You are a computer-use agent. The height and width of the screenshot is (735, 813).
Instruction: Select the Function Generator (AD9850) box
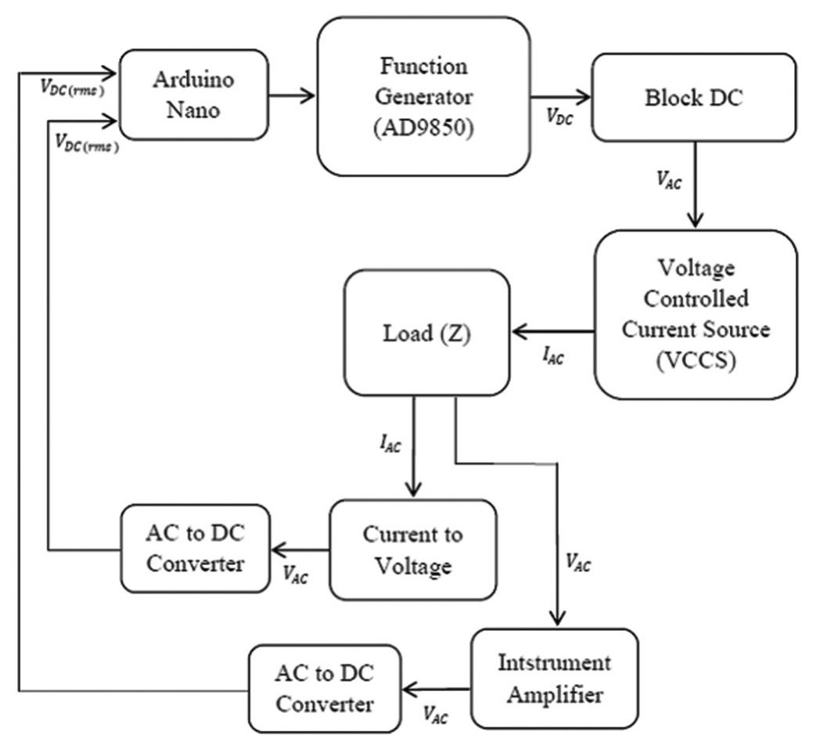point(423,95)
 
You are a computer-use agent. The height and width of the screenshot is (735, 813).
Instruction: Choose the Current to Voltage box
point(412,549)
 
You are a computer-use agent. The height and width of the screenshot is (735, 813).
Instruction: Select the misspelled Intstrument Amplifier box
point(554,678)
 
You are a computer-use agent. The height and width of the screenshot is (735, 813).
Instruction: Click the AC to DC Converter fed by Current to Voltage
point(194,548)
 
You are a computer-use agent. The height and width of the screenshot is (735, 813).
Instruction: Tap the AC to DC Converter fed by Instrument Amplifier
point(323,689)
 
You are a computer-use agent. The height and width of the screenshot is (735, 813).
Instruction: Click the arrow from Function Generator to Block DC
point(560,98)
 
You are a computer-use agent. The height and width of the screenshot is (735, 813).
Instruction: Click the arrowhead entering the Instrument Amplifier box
point(557,618)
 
